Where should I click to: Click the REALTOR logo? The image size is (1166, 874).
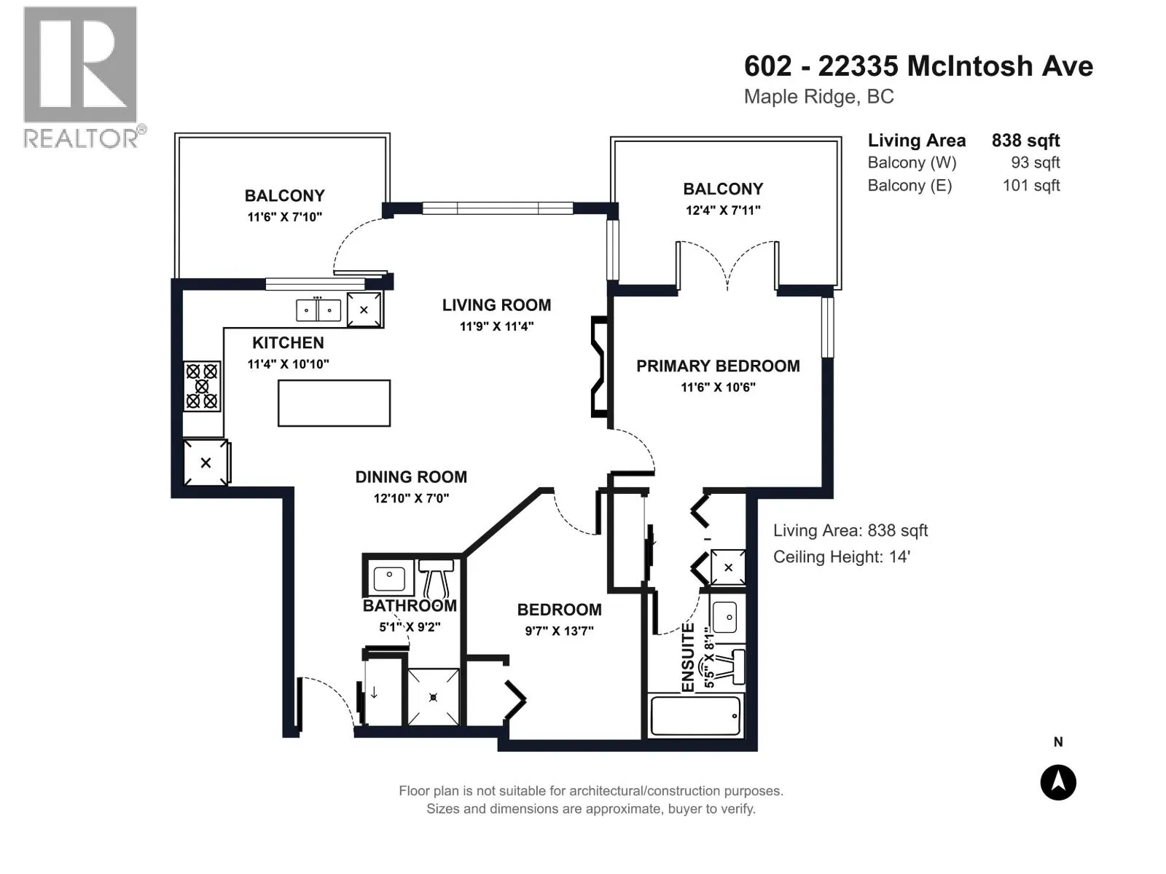point(83,77)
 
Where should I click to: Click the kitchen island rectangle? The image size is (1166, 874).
point(334,403)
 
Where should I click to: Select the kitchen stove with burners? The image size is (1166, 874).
point(202,386)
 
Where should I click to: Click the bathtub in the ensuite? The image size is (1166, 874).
point(694,716)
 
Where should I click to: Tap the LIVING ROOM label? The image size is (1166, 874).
point(497,305)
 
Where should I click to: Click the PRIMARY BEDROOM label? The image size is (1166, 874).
point(718,366)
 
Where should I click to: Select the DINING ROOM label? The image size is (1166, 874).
point(411,477)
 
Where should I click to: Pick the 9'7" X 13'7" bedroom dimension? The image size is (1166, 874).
point(560,631)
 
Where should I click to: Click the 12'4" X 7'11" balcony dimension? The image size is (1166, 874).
point(723,210)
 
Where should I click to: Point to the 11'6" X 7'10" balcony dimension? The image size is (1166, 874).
point(285,216)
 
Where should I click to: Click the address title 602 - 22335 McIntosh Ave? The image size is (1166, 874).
point(918,66)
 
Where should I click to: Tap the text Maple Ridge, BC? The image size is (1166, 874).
point(818,97)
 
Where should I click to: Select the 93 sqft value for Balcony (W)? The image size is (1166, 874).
point(1036,162)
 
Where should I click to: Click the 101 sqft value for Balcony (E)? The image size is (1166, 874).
point(1031,185)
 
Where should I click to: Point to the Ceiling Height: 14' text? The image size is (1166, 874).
point(842,556)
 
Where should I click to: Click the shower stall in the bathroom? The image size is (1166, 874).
point(433,697)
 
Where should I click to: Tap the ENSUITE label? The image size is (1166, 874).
point(688,658)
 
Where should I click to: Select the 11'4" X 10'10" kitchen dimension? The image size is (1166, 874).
point(288,364)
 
